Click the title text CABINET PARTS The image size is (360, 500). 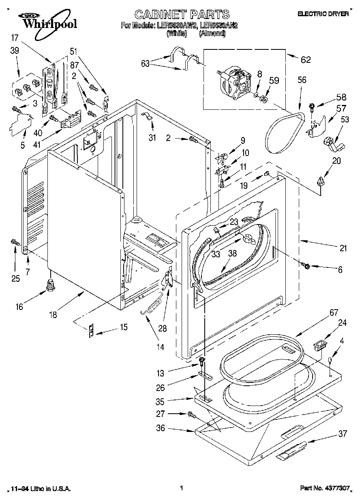182,15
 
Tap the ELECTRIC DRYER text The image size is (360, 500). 323,14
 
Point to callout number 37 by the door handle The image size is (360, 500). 343,434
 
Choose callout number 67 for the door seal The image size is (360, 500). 333,312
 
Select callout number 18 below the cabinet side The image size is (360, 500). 53,314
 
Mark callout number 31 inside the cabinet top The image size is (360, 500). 152,138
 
